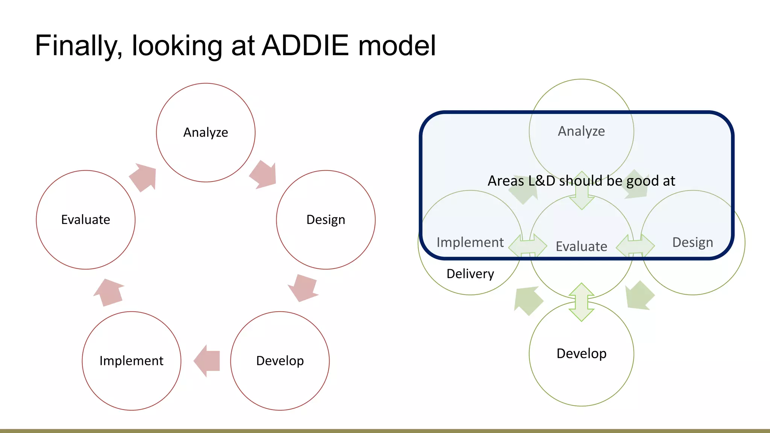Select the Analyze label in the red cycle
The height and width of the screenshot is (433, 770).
[206, 132]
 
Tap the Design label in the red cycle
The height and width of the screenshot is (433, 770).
[326, 220]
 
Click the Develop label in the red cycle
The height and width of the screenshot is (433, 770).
[280, 361]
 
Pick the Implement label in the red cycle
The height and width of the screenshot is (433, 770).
[131, 361]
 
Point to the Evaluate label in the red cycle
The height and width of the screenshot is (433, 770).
[86, 220]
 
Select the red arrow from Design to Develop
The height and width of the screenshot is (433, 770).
[303, 288]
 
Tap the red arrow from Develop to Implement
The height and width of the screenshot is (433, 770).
[207, 361]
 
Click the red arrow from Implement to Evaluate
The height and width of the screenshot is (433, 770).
[109, 292]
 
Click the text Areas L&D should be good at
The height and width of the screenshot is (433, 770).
[581, 181]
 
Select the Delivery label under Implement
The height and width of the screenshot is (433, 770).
[470, 274]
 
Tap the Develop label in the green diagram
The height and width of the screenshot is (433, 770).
[581, 354]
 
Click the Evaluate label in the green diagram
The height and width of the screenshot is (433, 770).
[581, 247]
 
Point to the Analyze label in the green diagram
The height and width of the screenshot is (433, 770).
[581, 131]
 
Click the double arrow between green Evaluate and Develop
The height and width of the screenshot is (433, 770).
[582, 302]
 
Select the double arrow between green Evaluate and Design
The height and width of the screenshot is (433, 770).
[635, 246]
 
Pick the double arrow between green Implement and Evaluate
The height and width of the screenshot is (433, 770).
[527, 246]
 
